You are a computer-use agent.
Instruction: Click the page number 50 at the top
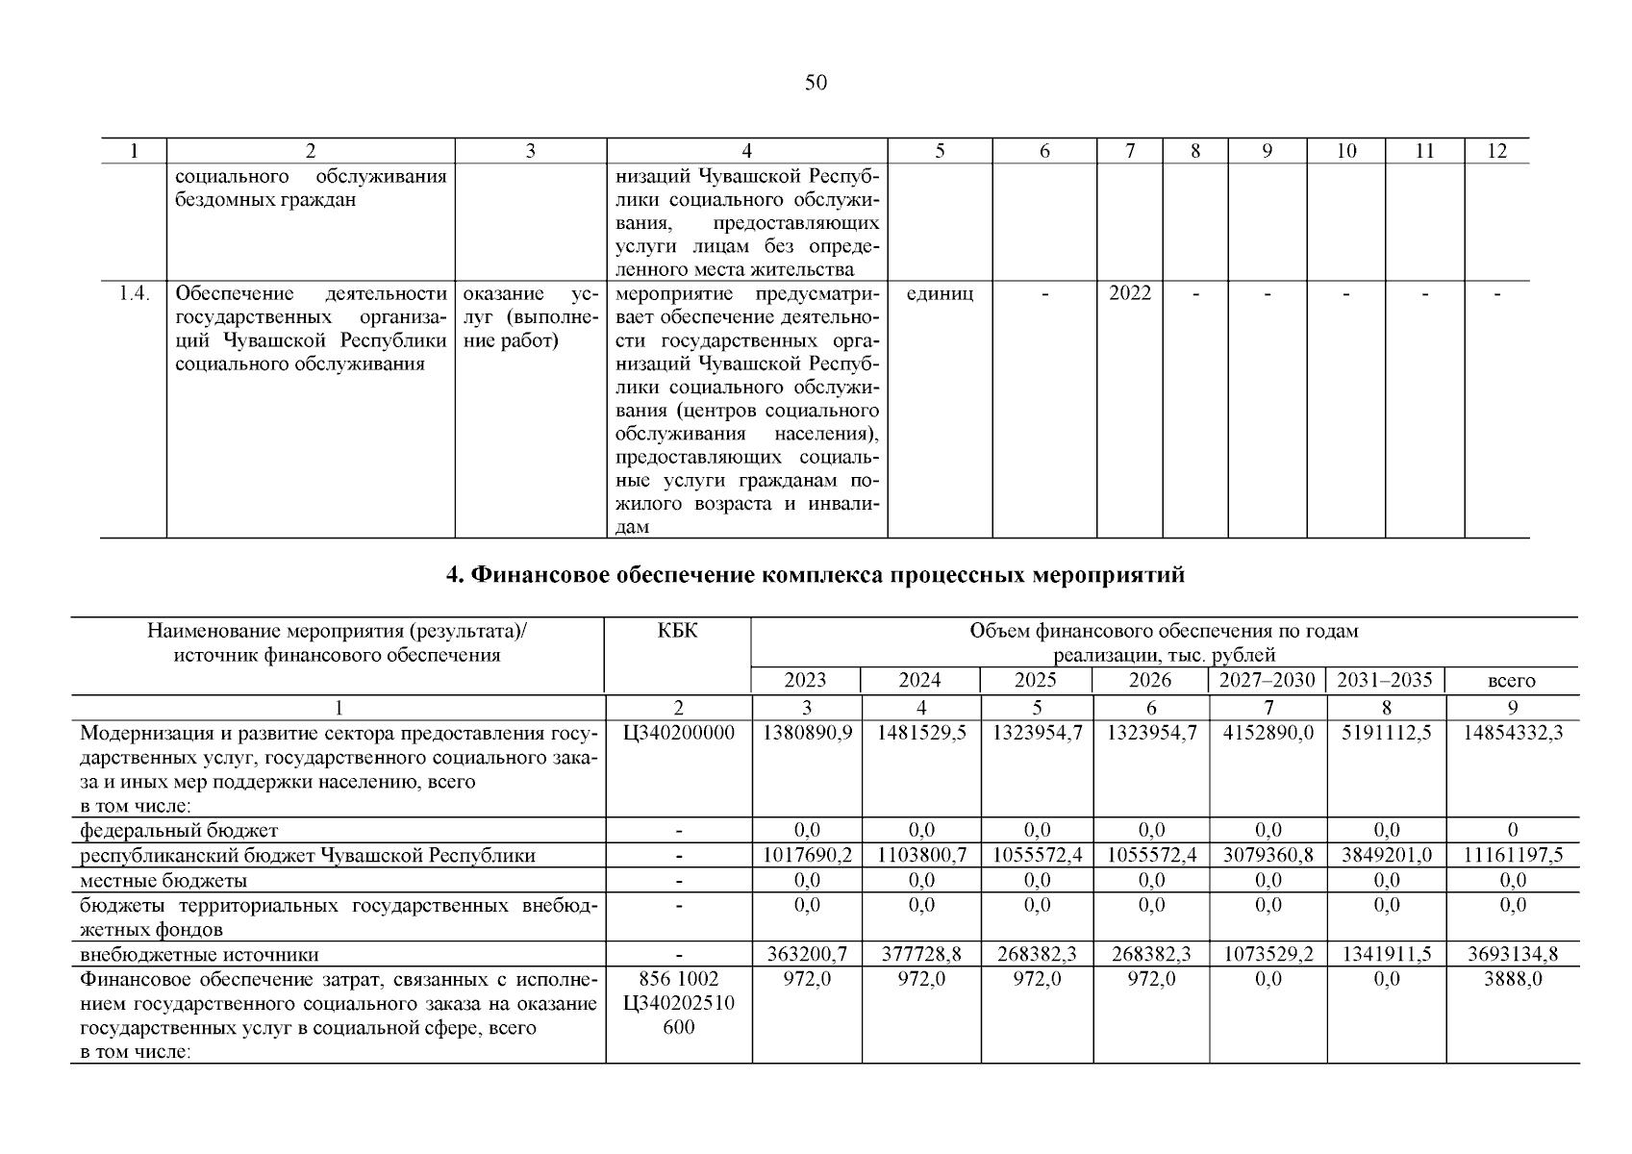(x=815, y=83)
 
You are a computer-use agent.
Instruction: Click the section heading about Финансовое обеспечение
(x=815, y=575)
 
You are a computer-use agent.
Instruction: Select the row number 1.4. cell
(x=134, y=294)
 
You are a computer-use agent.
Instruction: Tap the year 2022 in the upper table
(x=1129, y=294)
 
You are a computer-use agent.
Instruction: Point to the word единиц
(x=940, y=294)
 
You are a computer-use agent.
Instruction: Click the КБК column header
(x=678, y=632)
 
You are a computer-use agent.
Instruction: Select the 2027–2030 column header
(x=1267, y=681)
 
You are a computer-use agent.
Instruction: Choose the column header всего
(x=1511, y=681)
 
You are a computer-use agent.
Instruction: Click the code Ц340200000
(x=678, y=733)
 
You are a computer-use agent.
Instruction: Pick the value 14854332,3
(x=1512, y=733)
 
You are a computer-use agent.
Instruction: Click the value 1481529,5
(x=920, y=733)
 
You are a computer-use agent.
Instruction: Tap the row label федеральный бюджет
(x=179, y=830)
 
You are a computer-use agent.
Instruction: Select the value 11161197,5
(x=1512, y=855)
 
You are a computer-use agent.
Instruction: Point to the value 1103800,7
(x=920, y=855)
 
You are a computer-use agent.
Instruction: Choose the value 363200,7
(x=806, y=955)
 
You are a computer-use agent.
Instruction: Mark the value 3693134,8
(x=1512, y=955)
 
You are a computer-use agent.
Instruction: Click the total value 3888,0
(x=1512, y=979)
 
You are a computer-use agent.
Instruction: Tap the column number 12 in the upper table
(x=1496, y=151)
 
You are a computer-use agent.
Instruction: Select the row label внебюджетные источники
(x=199, y=955)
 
